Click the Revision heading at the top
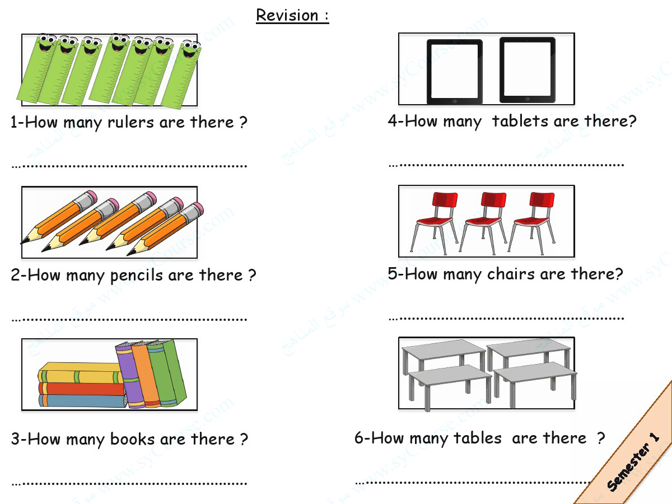pos(292,16)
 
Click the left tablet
pos(454,72)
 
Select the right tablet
pos(527,70)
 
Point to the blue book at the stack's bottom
pos(81,401)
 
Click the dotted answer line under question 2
pos(129,319)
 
